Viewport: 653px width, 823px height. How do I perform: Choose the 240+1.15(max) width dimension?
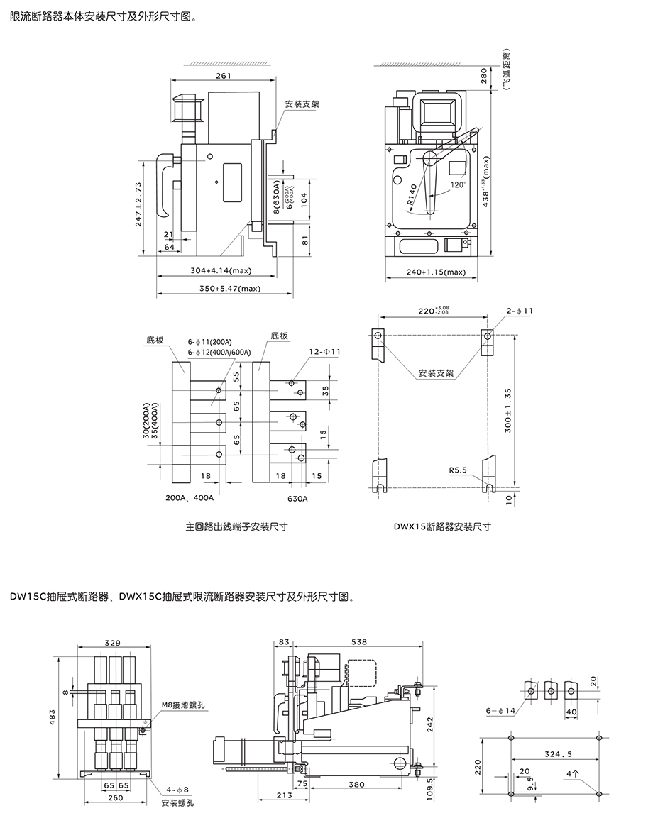click(435, 272)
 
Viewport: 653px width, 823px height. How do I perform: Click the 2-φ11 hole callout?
click(520, 311)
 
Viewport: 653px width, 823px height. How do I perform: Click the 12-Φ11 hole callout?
click(324, 351)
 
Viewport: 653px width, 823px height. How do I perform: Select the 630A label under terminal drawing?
click(297, 498)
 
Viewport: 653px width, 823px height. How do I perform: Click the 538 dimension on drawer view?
click(359, 642)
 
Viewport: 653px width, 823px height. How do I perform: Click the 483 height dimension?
click(51, 719)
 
